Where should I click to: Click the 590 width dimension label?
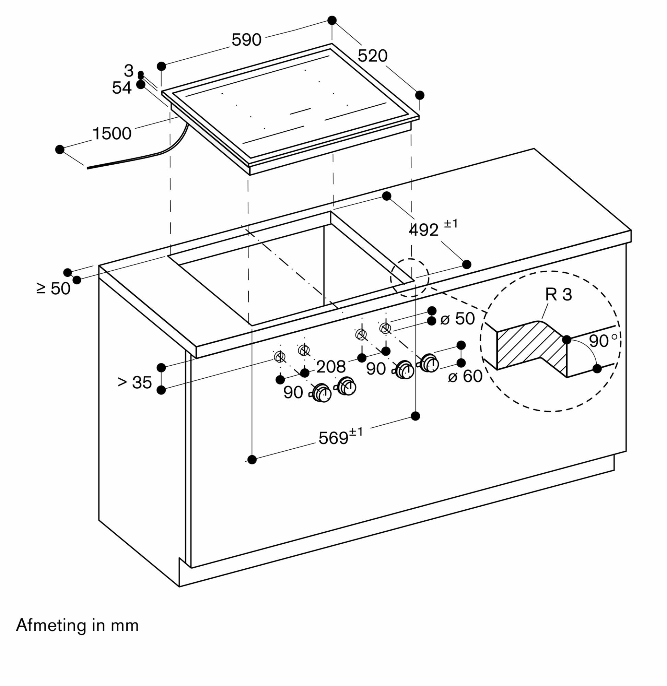(246, 40)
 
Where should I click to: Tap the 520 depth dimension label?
(372, 56)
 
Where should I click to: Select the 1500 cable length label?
(112, 133)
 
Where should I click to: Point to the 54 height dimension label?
(121, 87)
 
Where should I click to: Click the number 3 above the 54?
(129, 71)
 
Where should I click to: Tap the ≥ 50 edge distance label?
(53, 288)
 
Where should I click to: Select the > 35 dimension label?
(135, 382)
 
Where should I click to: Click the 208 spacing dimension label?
(331, 367)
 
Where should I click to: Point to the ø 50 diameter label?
(457, 319)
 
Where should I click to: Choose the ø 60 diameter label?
(465, 376)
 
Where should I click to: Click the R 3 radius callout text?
(558, 295)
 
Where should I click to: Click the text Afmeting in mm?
(78, 625)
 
